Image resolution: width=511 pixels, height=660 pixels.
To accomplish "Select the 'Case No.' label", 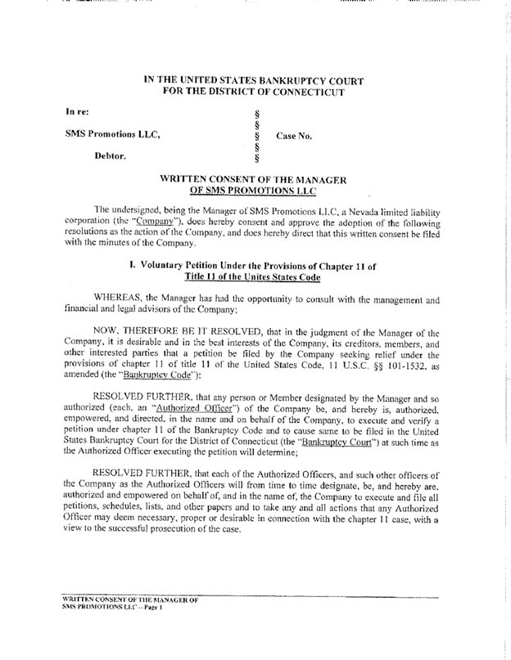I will tap(294, 136).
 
